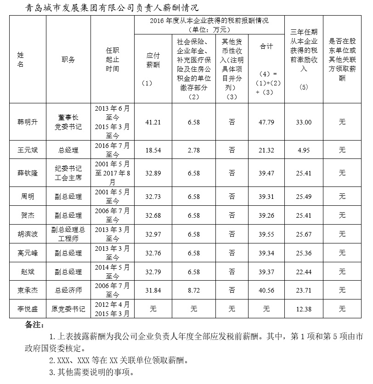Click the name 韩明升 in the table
(x=25, y=122)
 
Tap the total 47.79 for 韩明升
(x=267, y=122)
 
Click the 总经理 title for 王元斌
(x=68, y=150)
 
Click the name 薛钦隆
(x=25, y=173)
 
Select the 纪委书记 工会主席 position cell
(x=68, y=173)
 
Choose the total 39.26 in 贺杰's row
(x=267, y=215)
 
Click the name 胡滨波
(x=25, y=234)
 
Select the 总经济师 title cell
(x=68, y=290)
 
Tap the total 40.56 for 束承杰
(x=267, y=290)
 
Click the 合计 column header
(x=267, y=46)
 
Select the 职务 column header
(x=68, y=60)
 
